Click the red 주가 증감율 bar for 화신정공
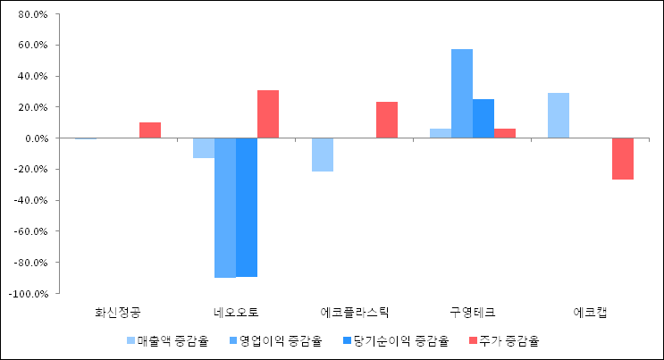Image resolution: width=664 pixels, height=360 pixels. point(150,130)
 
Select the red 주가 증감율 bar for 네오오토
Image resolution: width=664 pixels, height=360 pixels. point(268,114)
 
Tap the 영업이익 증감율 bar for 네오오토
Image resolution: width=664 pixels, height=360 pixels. point(225,207)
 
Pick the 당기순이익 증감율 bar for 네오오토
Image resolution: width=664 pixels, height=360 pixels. point(247,207)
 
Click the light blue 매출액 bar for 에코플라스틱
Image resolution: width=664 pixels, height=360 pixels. point(323,155)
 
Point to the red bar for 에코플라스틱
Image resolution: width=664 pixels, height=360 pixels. point(387,120)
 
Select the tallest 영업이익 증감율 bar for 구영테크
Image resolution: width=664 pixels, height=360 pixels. point(462,94)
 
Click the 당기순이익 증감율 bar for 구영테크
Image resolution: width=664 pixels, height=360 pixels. point(483,119)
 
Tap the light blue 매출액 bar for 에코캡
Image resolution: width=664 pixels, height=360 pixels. point(559,115)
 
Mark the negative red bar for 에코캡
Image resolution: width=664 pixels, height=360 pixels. point(623,159)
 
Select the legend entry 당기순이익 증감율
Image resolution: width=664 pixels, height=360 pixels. point(396,340)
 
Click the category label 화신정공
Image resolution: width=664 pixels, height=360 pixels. point(118,313)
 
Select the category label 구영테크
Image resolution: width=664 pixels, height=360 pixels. point(473,313)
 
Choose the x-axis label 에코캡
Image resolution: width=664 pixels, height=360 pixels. point(591,313)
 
